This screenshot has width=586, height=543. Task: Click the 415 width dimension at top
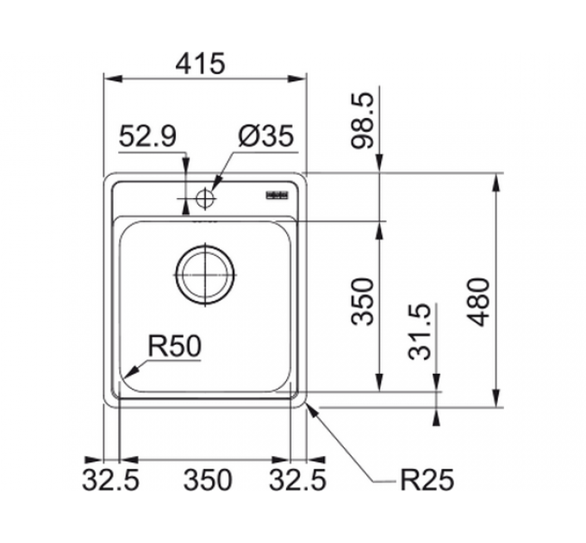[x=205, y=62]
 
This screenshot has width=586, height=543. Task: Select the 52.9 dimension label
[x=147, y=136]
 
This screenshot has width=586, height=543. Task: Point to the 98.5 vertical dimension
[x=366, y=121]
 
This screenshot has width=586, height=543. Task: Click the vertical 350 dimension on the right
[x=366, y=301]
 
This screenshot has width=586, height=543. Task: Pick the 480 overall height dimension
[x=481, y=301]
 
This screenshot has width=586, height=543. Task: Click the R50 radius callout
[x=174, y=346]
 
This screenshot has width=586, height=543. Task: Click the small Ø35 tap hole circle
[x=205, y=197]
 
